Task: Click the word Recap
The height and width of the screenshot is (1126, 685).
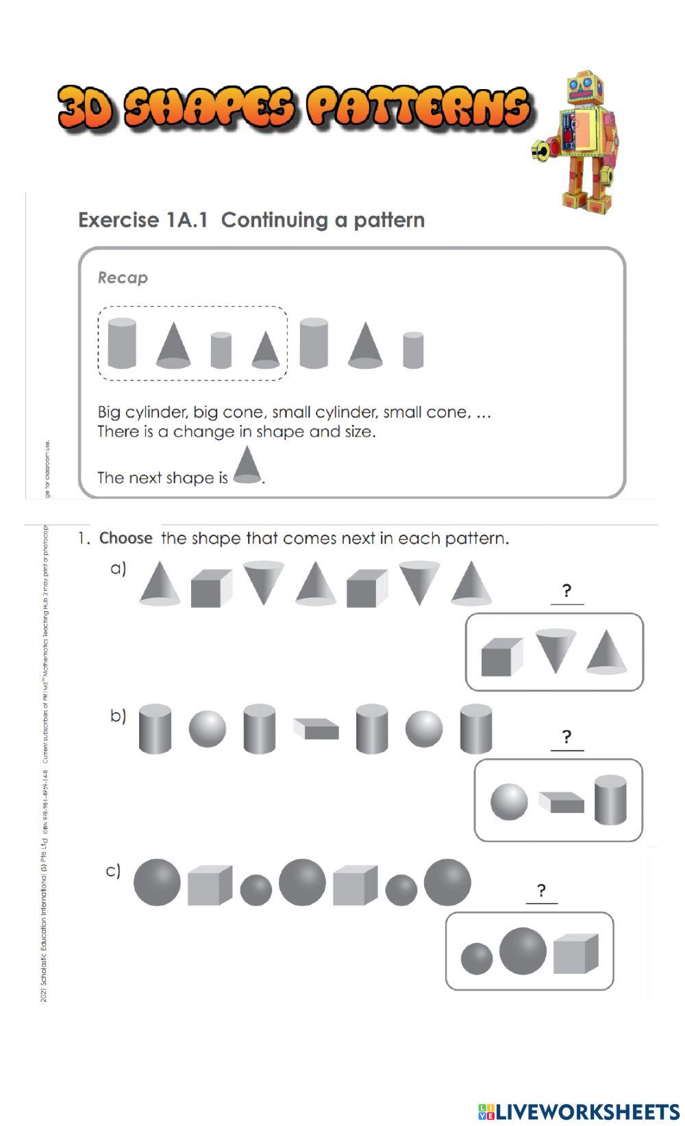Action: [123, 278]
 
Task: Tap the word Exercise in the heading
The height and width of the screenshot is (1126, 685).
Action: [119, 220]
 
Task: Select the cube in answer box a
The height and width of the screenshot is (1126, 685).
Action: [501, 657]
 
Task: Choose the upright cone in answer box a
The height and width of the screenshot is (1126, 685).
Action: [607, 652]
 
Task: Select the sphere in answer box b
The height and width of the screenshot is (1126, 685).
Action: [509, 802]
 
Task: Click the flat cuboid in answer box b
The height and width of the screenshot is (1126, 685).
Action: [561, 803]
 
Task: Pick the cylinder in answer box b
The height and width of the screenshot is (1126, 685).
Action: [610, 799]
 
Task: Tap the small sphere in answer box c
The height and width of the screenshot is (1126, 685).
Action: [476, 958]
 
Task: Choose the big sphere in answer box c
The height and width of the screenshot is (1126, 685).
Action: [523, 951]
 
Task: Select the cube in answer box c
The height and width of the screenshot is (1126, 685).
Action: [575, 953]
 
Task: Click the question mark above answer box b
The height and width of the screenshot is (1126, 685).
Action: [566, 737]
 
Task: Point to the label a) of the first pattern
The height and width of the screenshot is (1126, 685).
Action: [119, 568]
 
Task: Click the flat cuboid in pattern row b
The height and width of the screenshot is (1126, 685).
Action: [316, 729]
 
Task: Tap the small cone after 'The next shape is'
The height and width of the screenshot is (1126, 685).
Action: [247, 465]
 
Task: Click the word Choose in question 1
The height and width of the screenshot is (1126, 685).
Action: [125, 539]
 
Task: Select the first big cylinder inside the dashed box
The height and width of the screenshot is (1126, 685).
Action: [122, 343]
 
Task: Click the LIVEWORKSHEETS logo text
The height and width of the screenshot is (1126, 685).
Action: [586, 1111]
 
